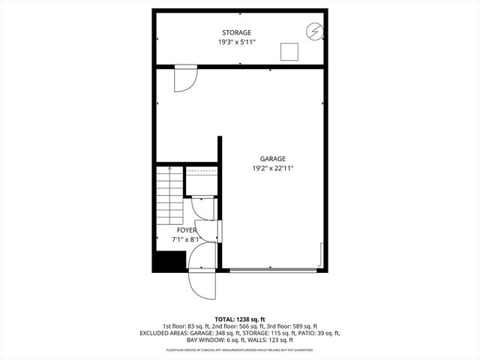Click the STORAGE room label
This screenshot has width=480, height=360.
[236, 32]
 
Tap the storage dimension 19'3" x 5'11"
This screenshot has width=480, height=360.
[236, 43]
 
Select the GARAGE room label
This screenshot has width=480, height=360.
[272, 159]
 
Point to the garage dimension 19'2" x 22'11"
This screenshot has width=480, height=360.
[272, 169]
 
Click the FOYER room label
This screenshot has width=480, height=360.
[186, 230]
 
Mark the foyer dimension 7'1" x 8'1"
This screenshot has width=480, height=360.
[186, 240]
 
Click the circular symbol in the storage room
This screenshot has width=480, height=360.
[314, 31]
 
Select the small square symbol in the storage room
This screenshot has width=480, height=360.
[289, 51]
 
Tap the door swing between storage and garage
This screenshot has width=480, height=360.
[184, 79]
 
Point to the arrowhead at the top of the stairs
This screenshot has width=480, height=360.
[170, 169]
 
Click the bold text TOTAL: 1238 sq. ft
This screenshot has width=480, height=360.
[239, 319]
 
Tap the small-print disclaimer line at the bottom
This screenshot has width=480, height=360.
[239, 349]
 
